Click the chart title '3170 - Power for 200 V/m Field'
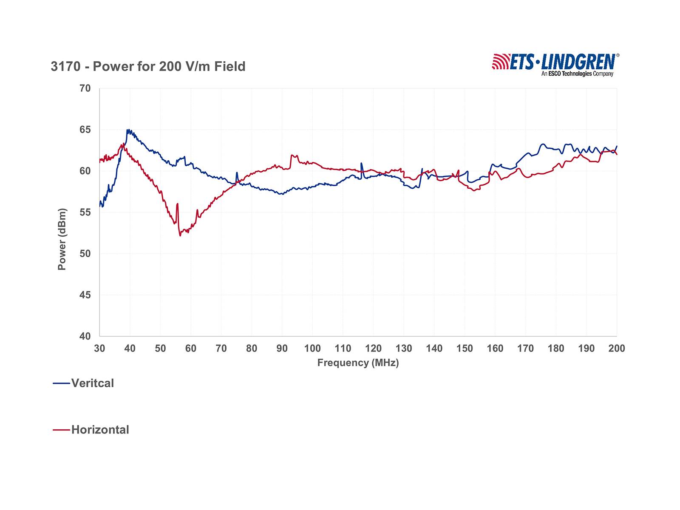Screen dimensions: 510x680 148,67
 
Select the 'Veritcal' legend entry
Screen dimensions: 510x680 92,383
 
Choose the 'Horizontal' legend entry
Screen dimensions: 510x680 100,430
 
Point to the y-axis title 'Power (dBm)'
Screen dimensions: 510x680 62,239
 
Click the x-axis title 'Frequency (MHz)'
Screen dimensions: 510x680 358,363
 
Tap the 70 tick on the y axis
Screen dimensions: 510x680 85,88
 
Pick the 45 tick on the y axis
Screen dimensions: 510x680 85,295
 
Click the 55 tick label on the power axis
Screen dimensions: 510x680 85,212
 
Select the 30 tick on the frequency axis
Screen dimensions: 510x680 99,348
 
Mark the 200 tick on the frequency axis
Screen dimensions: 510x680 616,348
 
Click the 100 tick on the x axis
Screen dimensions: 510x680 312,348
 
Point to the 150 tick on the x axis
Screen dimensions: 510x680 465,348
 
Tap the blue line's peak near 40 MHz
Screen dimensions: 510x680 128,130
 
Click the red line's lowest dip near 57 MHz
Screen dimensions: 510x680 180,235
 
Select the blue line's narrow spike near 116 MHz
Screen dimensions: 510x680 361,163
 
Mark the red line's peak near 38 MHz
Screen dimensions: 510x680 123,144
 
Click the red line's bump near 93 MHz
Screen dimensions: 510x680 292,155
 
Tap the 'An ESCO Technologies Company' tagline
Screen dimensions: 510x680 577,74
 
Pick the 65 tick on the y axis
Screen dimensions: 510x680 85,130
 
